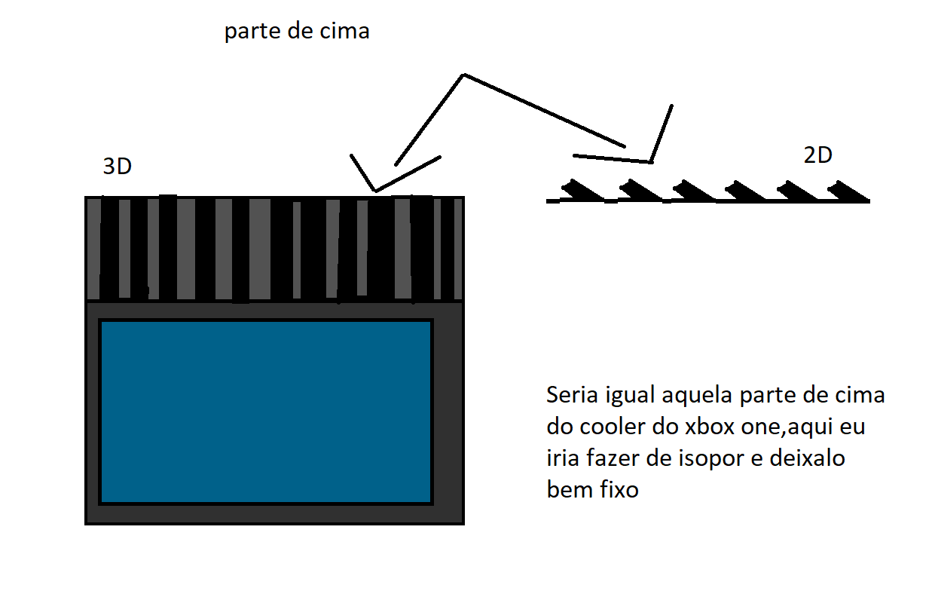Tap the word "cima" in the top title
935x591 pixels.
pyautogui.click(x=344, y=31)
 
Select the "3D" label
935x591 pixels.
pyautogui.click(x=118, y=167)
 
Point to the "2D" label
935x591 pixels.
pyautogui.click(x=817, y=155)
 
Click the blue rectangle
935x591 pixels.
pyautogui.click(x=266, y=412)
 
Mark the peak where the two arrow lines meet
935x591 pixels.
pyautogui.click(x=464, y=75)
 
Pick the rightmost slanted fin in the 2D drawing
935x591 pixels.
pyautogui.click(x=848, y=191)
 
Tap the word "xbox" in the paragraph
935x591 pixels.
pyautogui.click(x=710, y=427)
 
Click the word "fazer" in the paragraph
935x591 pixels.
pyautogui.click(x=613, y=458)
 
